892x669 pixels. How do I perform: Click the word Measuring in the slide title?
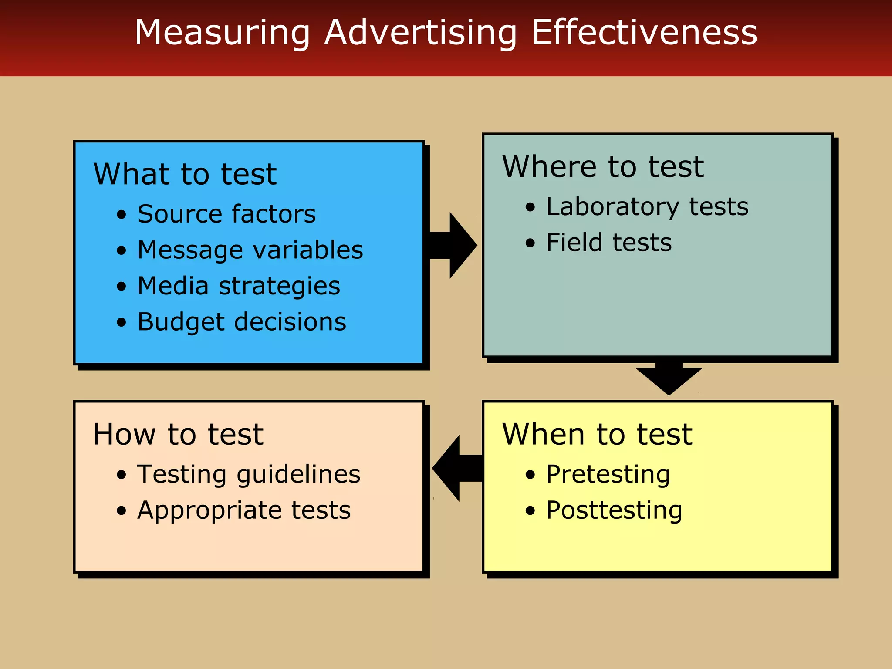pos(222,33)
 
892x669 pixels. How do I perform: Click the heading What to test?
pos(185,174)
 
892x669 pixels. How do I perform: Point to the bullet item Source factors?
pos(226,214)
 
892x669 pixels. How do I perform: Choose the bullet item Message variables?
pos(250,250)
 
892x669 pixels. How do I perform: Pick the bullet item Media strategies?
pos(239,286)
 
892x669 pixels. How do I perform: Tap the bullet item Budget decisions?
pos(242,322)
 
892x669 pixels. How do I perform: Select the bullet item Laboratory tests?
pos(647,206)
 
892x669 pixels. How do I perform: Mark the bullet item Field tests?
pos(609,243)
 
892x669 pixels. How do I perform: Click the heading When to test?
pos(597,434)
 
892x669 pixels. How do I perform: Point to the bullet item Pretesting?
pos(608,474)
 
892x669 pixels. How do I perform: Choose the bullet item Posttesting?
pos(614,510)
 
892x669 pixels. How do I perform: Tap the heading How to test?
pos(178,434)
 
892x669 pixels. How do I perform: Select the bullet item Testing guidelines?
pos(249,474)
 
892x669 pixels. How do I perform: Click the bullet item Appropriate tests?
pos(244,510)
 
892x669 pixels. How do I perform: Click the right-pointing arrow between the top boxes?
pos(455,245)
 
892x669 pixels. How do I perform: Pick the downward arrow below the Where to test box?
pos(669,377)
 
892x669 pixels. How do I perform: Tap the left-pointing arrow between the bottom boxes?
pos(455,468)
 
